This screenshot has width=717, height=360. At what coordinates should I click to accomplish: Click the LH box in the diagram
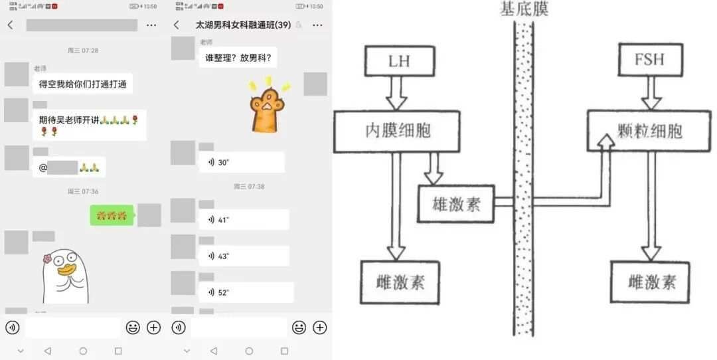(x=398, y=62)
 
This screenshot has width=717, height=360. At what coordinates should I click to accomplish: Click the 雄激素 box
(x=455, y=203)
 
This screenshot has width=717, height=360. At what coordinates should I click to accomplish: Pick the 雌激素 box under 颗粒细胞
(x=650, y=282)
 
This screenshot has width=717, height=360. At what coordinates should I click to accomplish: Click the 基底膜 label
(x=524, y=10)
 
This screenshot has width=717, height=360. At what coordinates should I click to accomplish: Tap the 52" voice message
(x=246, y=292)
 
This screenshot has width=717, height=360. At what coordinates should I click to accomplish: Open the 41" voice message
(x=244, y=219)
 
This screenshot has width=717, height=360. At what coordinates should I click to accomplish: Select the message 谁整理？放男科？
(x=238, y=58)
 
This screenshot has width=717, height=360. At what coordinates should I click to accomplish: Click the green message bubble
(x=112, y=215)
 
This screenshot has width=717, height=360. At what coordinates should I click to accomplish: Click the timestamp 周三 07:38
(x=249, y=187)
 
